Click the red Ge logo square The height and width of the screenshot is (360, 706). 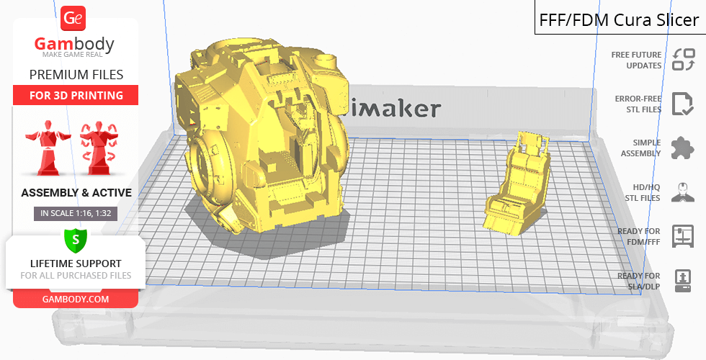point(73,19)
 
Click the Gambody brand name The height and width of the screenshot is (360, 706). point(74,44)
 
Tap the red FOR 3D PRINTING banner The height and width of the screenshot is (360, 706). point(76,95)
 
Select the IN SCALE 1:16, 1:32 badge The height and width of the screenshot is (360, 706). point(76,213)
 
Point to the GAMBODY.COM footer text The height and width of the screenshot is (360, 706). point(76,300)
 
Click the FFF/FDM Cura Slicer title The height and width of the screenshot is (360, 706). point(619,20)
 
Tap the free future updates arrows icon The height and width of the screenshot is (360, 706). point(684,60)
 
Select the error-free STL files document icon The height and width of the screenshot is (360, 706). point(683,104)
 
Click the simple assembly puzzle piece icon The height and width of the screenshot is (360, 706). point(683,148)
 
